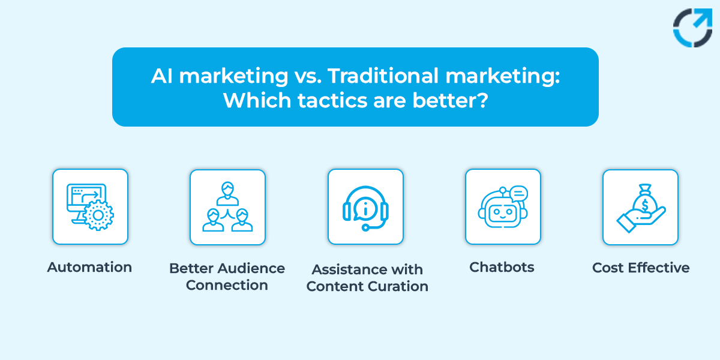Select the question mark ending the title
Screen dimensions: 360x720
click(x=482, y=99)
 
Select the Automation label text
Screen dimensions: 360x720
click(x=89, y=267)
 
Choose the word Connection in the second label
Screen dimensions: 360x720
click(x=227, y=285)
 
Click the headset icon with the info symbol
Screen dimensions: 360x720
click(x=365, y=208)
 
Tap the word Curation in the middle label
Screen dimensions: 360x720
click(x=401, y=286)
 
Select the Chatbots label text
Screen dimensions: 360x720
click(x=502, y=267)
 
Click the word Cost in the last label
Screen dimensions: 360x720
click(x=608, y=268)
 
